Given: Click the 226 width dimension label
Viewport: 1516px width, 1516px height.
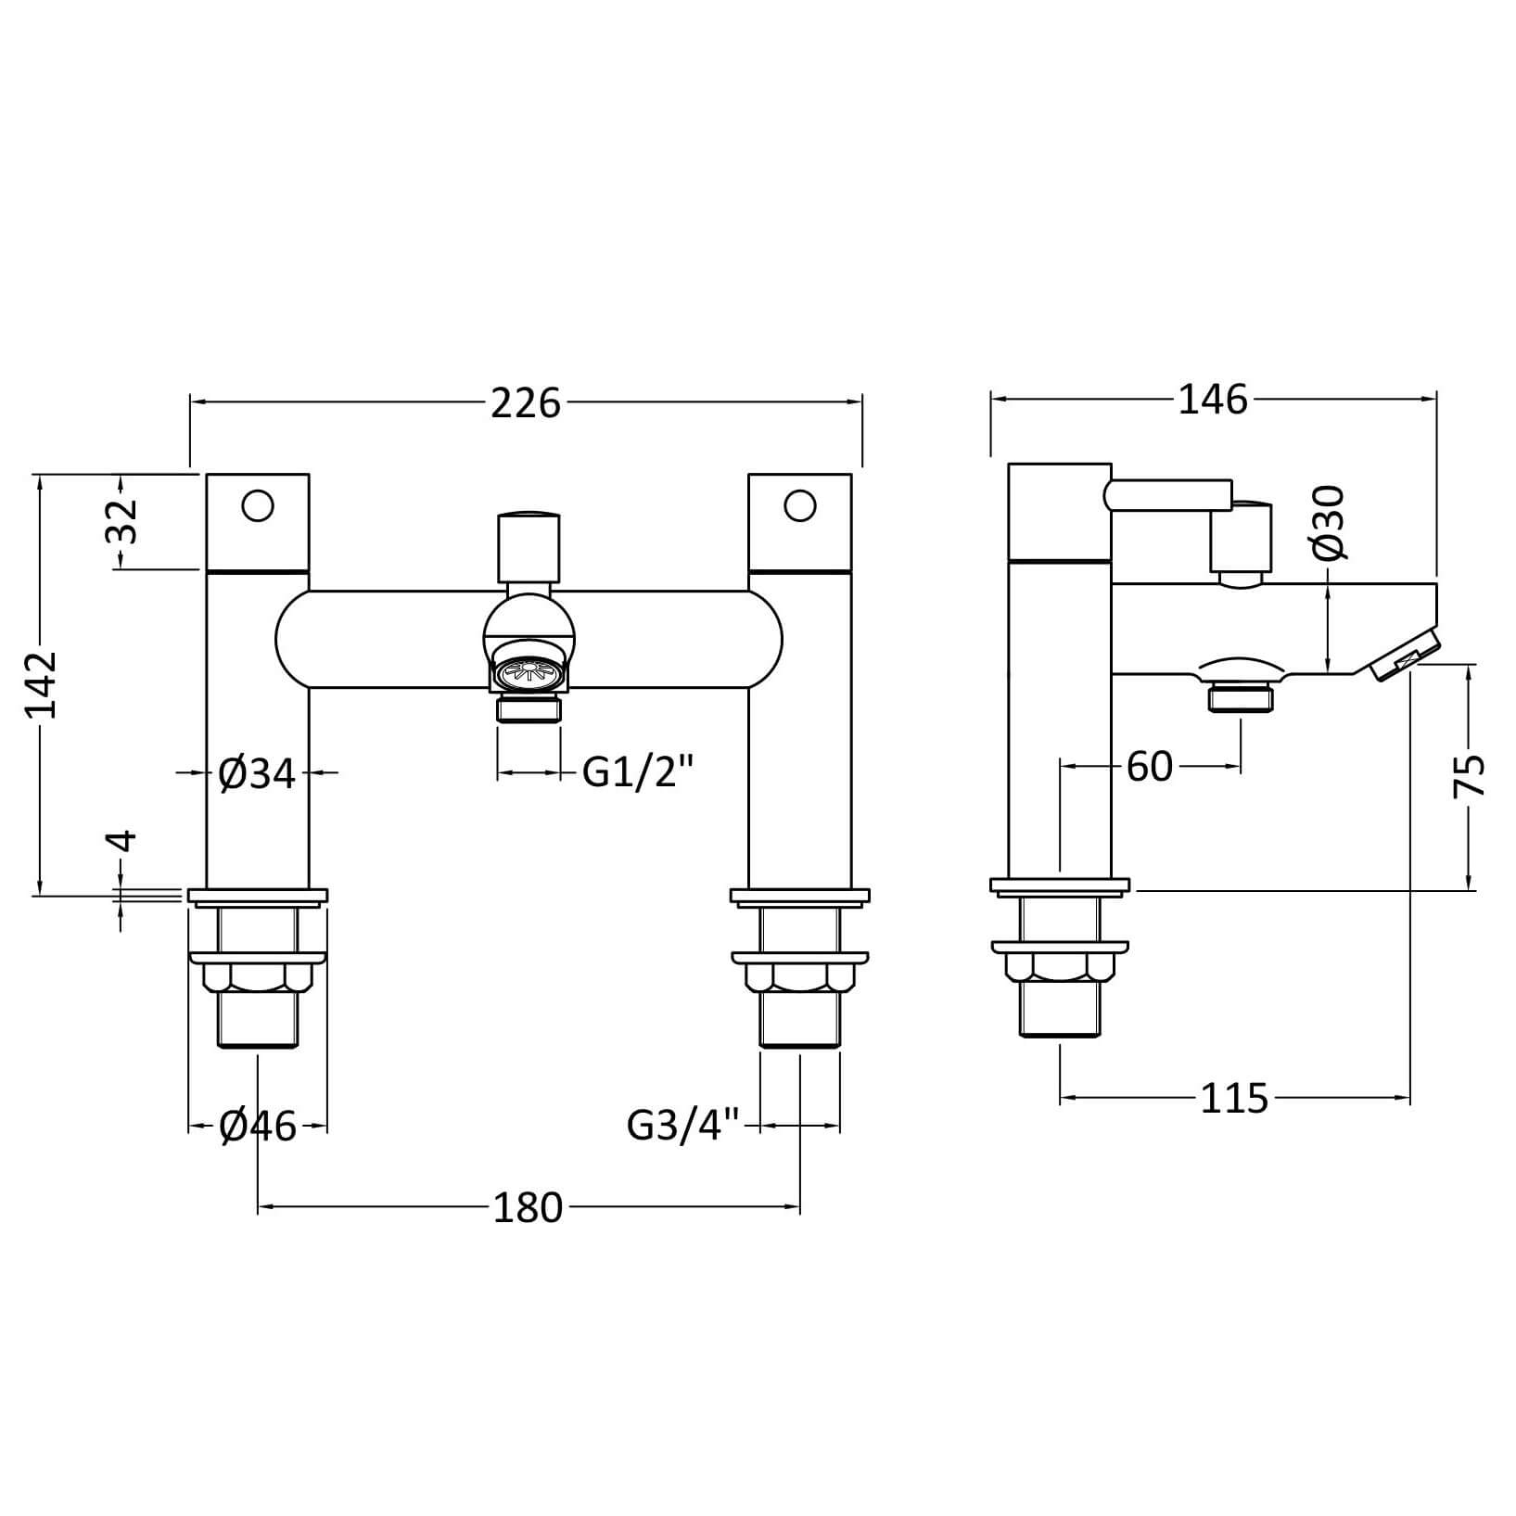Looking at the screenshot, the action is pyautogui.click(x=526, y=403).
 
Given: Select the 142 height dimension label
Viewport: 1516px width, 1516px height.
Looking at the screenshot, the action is pyautogui.click(x=43, y=685).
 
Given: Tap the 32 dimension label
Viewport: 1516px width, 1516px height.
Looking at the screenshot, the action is pyautogui.click(x=121, y=521).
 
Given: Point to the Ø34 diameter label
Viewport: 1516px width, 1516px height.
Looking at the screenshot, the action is pyautogui.click(x=258, y=773).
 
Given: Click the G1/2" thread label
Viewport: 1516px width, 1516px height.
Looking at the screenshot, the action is pyautogui.click(x=639, y=771).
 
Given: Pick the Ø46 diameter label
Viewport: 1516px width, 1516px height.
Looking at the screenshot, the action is pyautogui.click(x=258, y=1127).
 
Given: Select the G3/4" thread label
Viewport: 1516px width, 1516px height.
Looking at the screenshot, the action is pyautogui.click(x=684, y=1126).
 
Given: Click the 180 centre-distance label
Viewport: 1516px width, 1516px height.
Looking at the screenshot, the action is pyautogui.click(x=528, y=1208).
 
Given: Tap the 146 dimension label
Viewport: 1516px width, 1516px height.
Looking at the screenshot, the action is pyautogui.click(x=1214, y=401).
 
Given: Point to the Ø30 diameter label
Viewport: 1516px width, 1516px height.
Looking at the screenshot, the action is pyautogui.click(x=1329, y=523).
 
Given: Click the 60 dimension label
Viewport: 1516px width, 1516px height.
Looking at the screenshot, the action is pyautogui.click(x=1150, y=767).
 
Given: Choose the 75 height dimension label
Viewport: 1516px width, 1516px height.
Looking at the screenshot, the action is pyautogui.click(x=1469, y=774).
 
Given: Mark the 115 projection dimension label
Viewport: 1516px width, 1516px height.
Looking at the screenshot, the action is pyautogui.click(x=1234, y=1100).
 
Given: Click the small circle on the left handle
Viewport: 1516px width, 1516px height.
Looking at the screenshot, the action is pyautogui.click(x=258, y=506).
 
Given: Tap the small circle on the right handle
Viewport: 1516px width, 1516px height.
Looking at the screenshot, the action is pyautogui.click(x=799, y=506).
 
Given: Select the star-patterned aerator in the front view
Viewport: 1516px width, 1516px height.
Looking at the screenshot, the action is pyautogui.click(x=529, y=669).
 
